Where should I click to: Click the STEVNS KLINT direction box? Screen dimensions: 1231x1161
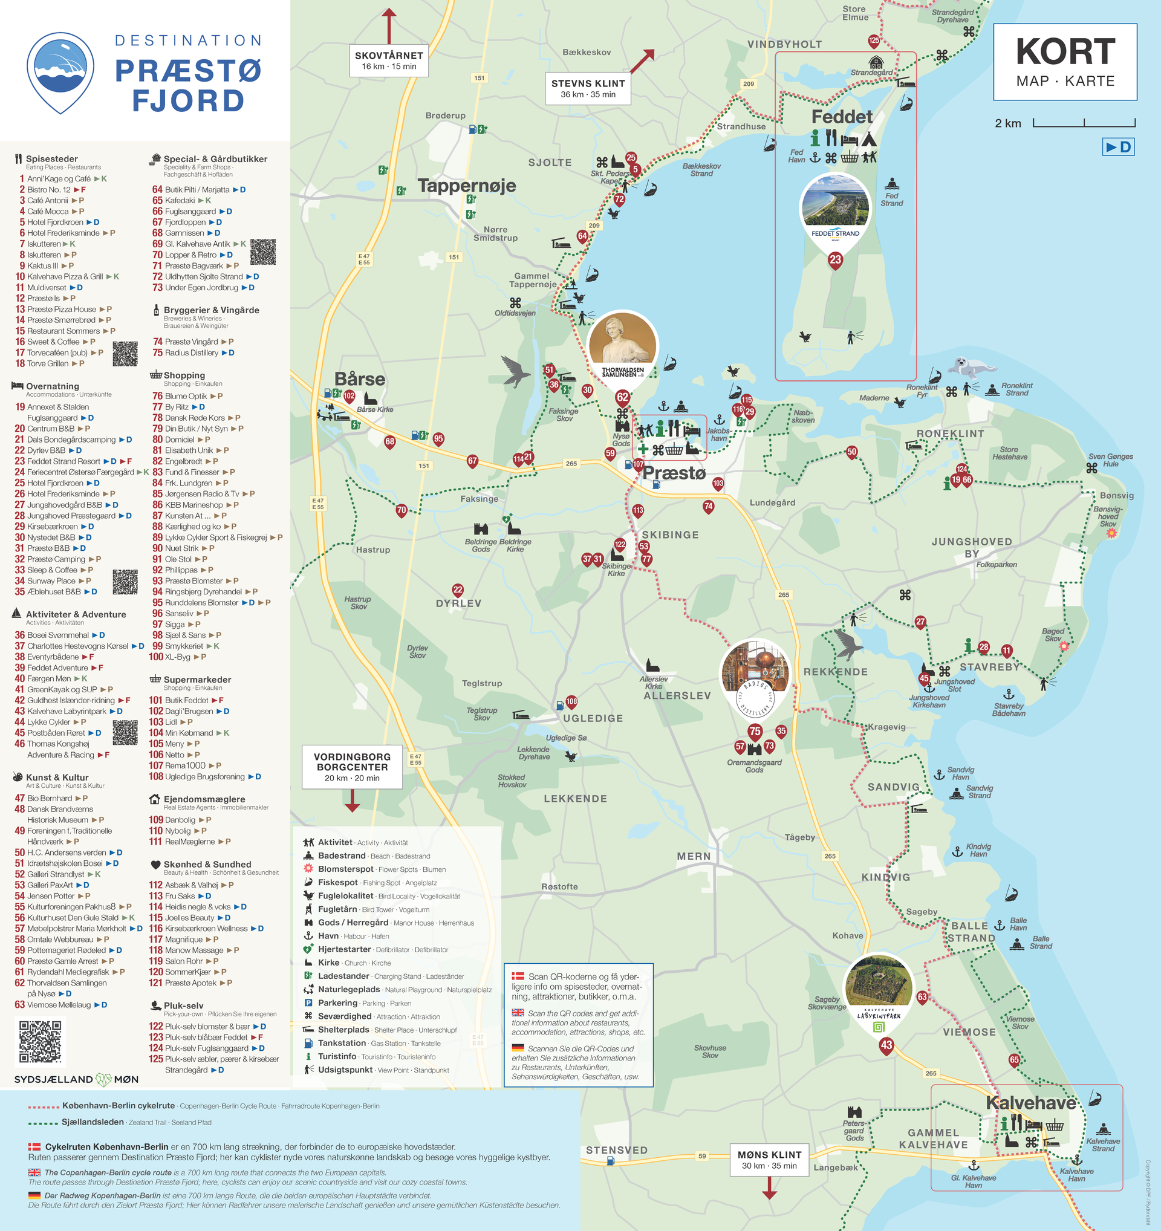pyautogui.click(x=588, y=88)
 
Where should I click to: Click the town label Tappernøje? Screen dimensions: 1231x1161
pyautogui.click(x=466, y=185)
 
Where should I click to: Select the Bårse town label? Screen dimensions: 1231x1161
pyautogui.click(x=360, y=379)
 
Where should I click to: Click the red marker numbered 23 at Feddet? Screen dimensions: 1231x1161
pyautogui.click(x=835, y=259)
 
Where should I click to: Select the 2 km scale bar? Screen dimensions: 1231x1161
pyautogui.click(x=1084, y=123)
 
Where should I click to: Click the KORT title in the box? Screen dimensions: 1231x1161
pyautogui.click(x=1065, y=52)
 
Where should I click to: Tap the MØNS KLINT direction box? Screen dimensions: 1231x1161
pyautogui.click(x=769, y=1160)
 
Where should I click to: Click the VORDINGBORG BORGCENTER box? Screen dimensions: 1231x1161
pyautogui.click(x=352, y=767)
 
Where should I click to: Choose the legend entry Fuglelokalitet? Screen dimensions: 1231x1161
pyautogui.click(x=345, y=895)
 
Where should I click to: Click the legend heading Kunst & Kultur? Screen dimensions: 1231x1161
pyautogui.click(x=57, y=777)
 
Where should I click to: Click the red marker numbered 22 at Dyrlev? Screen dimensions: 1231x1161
pyautogui.click(x=458, y=590)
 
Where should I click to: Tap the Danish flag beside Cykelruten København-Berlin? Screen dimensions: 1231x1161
pyautogui.click(x=34, y=1147)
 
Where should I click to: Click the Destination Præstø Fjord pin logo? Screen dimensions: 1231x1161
pyautogui.click(x=60, y=72)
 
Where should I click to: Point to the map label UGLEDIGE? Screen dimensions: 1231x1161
pyautogui.click(x=593, y=718)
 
